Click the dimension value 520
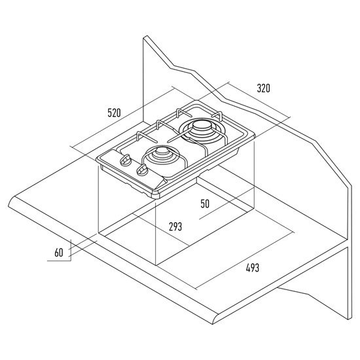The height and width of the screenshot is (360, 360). click(x=114, y=113)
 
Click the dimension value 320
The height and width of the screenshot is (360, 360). click(x=263, y=88)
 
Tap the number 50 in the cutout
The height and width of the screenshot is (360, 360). click(x=205, y=204)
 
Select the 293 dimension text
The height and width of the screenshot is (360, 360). click(x=175, y=226)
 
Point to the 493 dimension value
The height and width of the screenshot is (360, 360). click(x=252, y=268)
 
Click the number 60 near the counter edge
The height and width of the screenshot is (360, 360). click(x=59, y=253)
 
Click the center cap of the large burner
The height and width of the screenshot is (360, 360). click(x=200, y=127)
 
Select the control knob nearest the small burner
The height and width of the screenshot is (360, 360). click(x=142, y=170)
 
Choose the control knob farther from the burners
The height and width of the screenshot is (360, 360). click(x=126, y=160)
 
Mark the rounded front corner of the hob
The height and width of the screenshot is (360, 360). click(x=155, y=196)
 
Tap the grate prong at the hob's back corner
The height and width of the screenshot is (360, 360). click(x=219, y=115)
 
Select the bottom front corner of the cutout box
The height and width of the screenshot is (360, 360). click(x=156, y=265)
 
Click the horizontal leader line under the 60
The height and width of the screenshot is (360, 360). click(x=59, y=261)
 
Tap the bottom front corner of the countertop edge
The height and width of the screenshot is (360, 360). click(x=213, y=324)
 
